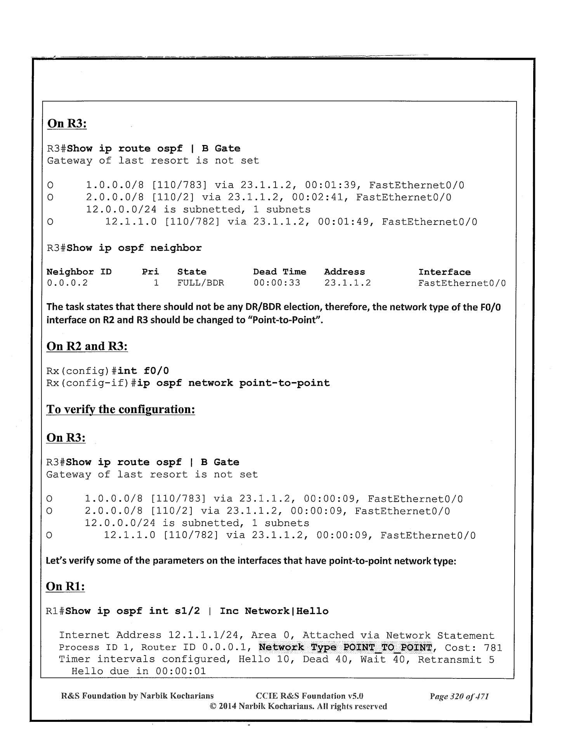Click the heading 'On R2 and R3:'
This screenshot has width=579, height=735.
(x=87, y=346)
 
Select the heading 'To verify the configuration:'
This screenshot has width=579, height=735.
(x=120, y=409)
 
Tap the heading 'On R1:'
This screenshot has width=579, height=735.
(x=65, y=587)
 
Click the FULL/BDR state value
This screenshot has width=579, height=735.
(x=201, y=283)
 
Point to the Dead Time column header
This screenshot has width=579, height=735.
(x=279, y=272)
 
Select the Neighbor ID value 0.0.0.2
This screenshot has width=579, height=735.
(x=67, y=283)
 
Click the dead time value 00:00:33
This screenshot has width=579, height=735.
(x=277, y=283)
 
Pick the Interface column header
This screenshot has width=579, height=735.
(x=444, y=272)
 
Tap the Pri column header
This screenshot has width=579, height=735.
(x=151, y=272)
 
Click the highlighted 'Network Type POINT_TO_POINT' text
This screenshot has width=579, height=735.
(x=345, y=647)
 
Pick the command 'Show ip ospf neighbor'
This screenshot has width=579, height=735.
(x=134, y=248)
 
